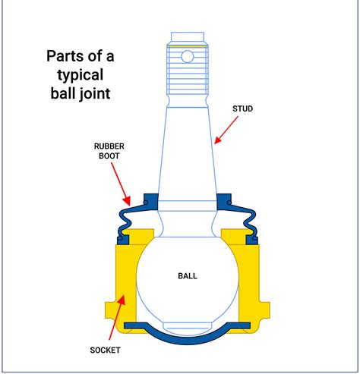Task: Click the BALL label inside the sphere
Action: (x=186, y=275)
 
